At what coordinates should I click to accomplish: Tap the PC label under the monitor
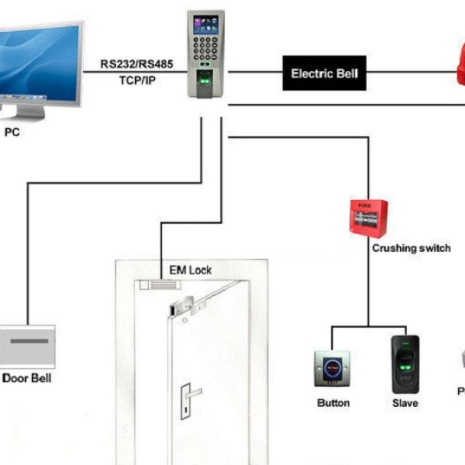12,133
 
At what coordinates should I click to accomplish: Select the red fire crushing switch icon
368,217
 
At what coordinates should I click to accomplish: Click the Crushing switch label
412,248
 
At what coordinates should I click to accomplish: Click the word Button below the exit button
333,403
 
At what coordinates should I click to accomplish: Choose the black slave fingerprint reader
405,363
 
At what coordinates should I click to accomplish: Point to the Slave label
405,403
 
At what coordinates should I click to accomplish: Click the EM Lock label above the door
190,270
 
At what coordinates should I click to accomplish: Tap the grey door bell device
27,346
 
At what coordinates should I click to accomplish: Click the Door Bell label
27,378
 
